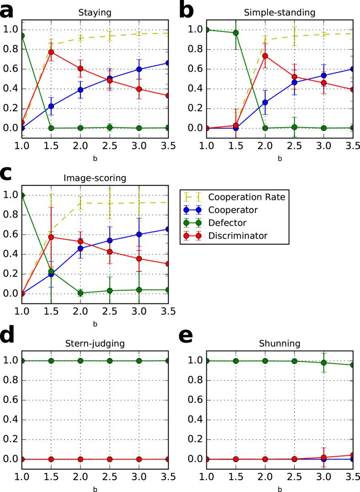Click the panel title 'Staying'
coord(95,13)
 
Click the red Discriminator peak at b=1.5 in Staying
coord(51,52)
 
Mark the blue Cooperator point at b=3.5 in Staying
coord(168,63)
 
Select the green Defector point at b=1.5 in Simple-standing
coord(236,32)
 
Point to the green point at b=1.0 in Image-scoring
coord(22,195)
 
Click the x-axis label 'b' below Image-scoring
coord(95,324)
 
